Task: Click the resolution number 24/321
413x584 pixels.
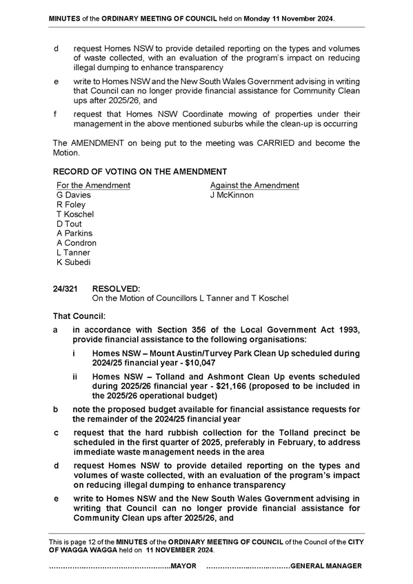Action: point(66,289)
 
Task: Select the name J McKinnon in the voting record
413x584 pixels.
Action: point(232,195)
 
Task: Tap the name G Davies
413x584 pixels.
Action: point(74,195)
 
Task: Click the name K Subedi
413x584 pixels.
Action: point(74,262)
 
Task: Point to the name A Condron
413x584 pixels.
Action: point(77,243)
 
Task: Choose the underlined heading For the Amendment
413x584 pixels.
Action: point(93,185)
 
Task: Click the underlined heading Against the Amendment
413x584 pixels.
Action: point(254,185)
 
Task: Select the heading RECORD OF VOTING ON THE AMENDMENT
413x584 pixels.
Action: point(140,171)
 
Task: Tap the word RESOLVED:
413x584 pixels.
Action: point(117,289)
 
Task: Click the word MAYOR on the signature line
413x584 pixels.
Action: point(183,566)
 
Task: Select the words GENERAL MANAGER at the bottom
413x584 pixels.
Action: point(326,566)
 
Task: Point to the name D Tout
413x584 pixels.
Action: point(69,224)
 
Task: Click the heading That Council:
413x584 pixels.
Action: point(79,316)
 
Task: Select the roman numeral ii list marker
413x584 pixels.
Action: point(75,377)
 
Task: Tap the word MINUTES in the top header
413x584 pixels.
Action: point(65,19)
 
